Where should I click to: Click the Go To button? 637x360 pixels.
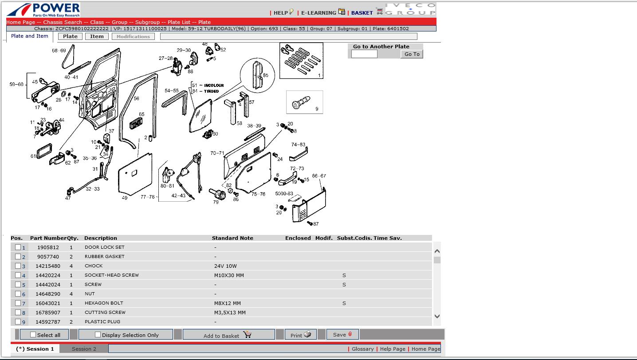click(412, 54)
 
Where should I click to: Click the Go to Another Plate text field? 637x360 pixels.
click(364, 54)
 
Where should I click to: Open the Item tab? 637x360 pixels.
click(97, 36)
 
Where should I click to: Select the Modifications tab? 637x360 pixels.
click(133, 36)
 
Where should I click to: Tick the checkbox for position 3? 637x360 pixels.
click(18, 266)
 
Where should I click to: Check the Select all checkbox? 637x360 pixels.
click(33, 334)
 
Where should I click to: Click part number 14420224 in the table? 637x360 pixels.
click(48, 275)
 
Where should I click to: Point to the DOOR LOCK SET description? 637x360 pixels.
click(104, 247)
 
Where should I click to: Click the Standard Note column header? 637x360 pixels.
click(232, 238)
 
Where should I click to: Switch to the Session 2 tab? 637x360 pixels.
click(84, 349)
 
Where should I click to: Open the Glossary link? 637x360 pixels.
click(362, 349)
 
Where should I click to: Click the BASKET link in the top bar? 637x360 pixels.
click(362, 13)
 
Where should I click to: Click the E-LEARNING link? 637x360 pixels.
click(318, 13)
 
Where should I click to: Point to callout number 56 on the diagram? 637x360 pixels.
click(137, 98)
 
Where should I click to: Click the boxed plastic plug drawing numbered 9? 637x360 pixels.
click(304, 102)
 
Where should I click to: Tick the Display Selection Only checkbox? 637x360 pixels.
click(98, 334)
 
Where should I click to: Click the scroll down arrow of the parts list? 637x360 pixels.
click(437, 316)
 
